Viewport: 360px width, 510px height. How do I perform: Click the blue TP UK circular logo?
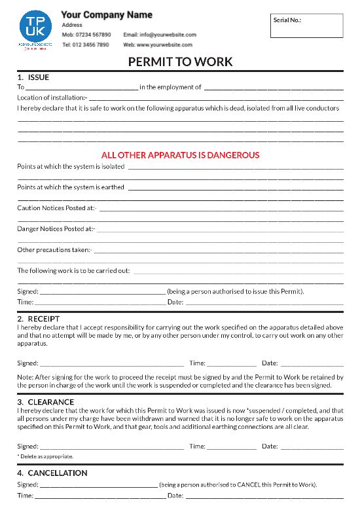[36, 27]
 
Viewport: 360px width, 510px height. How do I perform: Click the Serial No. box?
[306, 26]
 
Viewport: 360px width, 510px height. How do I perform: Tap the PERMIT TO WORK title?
[180, 62]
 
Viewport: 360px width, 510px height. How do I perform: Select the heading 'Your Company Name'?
[107, 14]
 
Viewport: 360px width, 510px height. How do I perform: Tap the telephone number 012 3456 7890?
[93, 45]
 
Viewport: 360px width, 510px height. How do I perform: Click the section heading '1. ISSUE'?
[33, 77]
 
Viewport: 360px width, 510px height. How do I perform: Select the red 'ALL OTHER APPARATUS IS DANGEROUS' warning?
[180, 155]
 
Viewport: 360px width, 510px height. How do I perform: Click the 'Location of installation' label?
[52, 98]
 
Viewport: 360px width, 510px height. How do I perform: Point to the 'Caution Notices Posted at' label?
[56, 208]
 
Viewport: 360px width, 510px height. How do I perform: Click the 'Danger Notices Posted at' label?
[56, 229]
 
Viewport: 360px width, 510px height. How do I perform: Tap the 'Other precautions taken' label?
[54, 250]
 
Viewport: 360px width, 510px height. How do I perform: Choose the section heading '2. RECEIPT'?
[39, 319]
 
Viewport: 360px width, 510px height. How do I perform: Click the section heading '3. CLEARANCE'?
[45, 402]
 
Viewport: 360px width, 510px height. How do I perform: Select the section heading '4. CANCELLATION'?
[52, 473]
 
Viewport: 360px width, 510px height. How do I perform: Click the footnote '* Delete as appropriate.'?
[45, 456]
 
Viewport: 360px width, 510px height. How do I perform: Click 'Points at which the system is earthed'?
[71, 187]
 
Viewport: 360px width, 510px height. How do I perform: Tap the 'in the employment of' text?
[170, 87]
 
